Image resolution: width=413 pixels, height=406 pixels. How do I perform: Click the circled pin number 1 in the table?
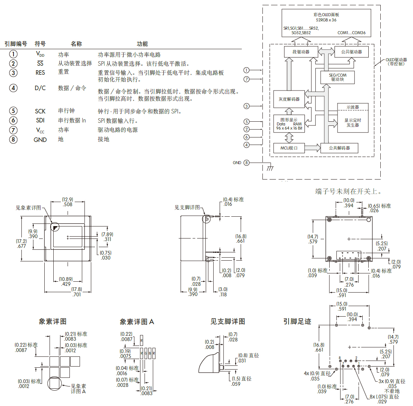click(14, 54)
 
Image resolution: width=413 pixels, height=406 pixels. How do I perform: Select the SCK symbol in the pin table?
click(40, 111)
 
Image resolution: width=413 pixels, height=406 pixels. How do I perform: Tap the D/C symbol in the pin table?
click(40, 88)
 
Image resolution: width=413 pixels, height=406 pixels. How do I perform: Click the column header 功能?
click(142, 44)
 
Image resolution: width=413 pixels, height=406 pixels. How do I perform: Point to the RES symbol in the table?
click(40, 72)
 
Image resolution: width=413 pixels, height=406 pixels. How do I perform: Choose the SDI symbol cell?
click(40, 121)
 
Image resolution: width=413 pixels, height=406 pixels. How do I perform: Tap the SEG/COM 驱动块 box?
click(338, 77)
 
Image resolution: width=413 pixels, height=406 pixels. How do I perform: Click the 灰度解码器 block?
click(289, 99)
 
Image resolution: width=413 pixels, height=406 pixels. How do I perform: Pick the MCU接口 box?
click(289, 148)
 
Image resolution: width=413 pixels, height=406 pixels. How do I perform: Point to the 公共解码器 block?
click(339, 148)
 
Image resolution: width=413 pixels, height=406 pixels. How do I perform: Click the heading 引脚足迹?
click(297, 321)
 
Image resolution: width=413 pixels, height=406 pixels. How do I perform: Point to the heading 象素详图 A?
click(137, 322)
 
